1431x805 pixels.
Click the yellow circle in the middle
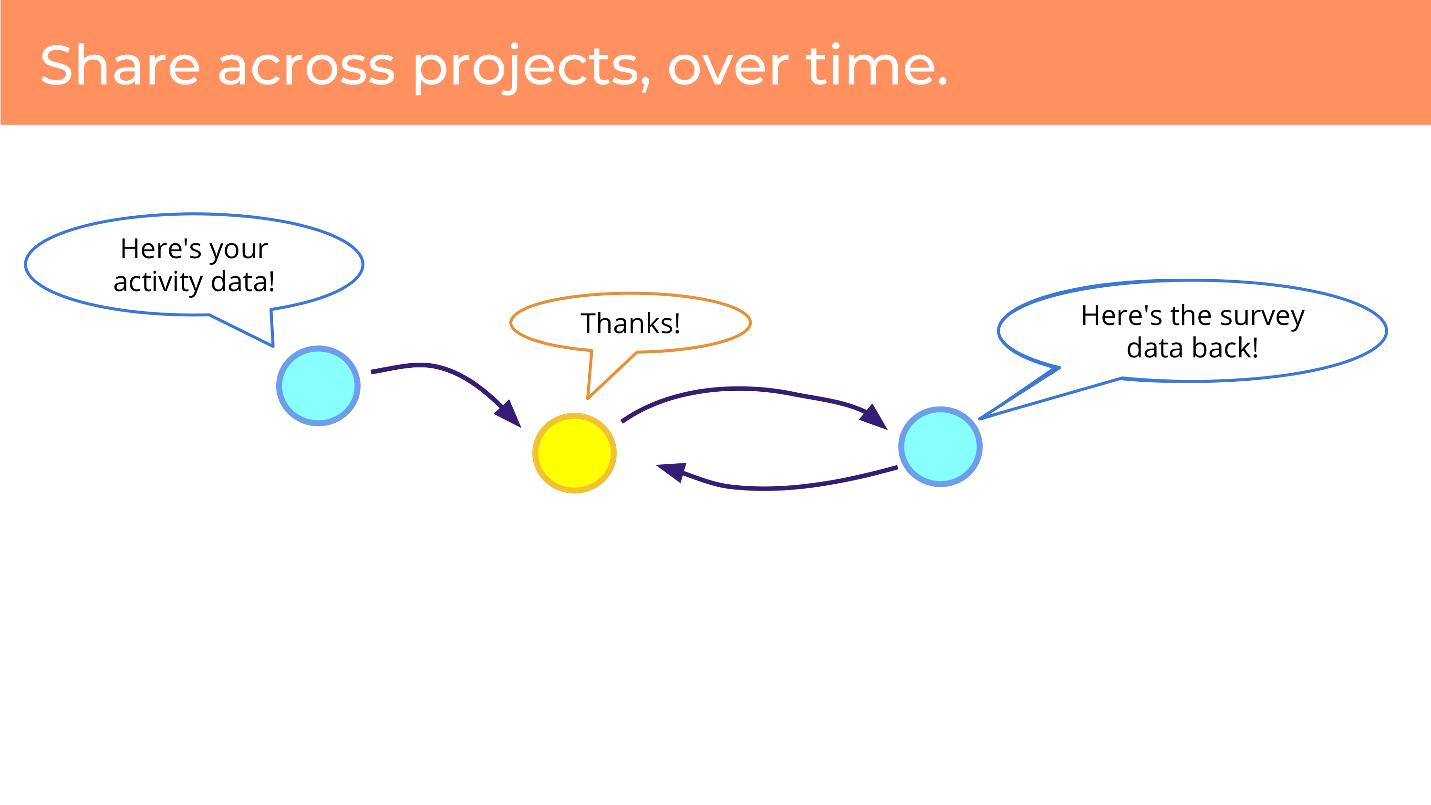click(x=574, y=453)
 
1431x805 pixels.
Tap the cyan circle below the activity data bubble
click(x=318, y=386)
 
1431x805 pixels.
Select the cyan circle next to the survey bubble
click(x=941, y=447)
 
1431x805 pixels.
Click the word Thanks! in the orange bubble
click(x=631, y=324)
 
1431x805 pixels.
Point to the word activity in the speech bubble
click(x=158, y=282)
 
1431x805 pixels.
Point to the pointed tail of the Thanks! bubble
click(x=588, y=398)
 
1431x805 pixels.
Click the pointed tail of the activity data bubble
click(x=273, y=346)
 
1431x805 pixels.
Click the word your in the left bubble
click(x=238, y=251)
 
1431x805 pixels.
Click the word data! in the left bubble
click(x=243, y=282)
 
